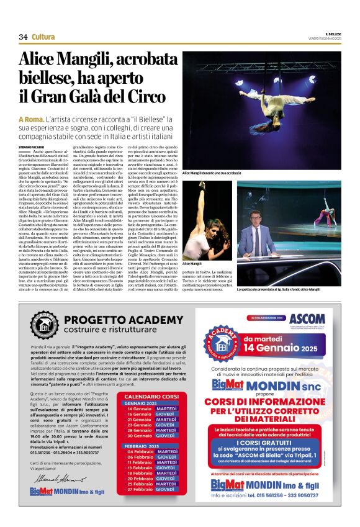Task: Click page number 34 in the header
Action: (23, 37)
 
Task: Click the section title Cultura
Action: (43, 37)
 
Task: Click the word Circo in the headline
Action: (147, 96)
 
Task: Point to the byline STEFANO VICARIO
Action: (32, 146)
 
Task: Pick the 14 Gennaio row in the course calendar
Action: (152, 409)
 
